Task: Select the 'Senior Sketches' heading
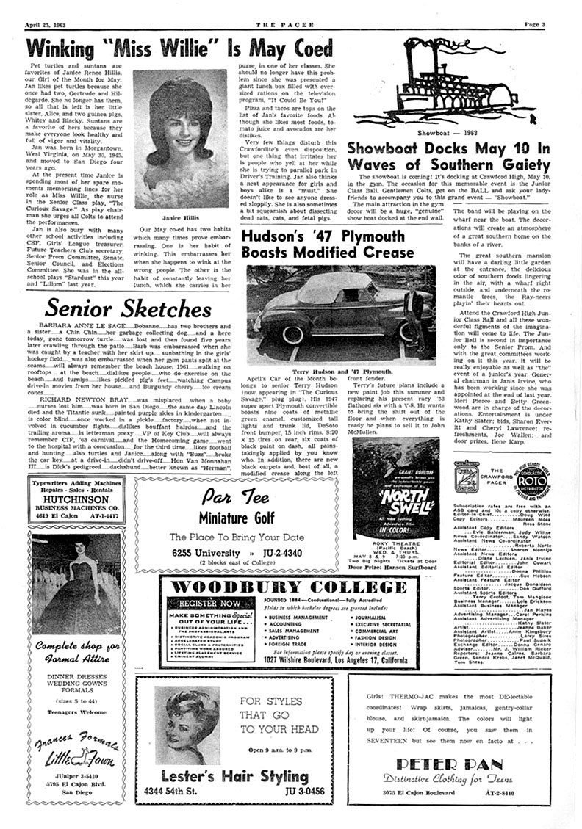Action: (x=129, y=309)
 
